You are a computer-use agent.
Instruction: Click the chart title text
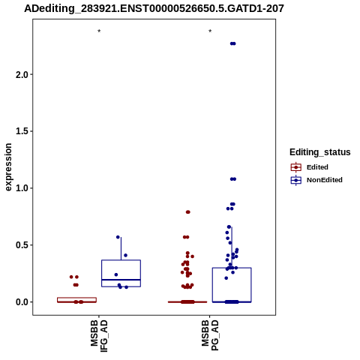tap(154, 8)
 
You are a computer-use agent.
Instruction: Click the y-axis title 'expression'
tap(8, 167)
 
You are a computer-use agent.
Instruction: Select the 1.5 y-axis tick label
tap(22, 131)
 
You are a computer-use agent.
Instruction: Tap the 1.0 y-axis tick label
tap(22, 188)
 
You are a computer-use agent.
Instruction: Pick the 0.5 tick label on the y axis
tap(22, 245)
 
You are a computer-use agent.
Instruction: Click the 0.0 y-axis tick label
tap(22, 302)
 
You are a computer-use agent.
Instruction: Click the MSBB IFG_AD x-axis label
tap(99, 336)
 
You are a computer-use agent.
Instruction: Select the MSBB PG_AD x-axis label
tap(210, 335)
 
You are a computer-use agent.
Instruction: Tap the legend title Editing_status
tap(320, 152)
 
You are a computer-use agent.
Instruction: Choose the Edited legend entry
tap(310, 167)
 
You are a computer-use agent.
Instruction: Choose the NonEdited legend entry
tap(316, 180)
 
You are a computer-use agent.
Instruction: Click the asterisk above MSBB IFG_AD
tap(99, 31)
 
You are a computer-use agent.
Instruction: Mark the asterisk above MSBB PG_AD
tap(210, 31)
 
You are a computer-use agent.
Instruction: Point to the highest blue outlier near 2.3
tap(232, 43)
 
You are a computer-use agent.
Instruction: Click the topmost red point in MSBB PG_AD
tap(188, 212)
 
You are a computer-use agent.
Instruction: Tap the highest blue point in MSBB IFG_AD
tap(118, 237)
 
